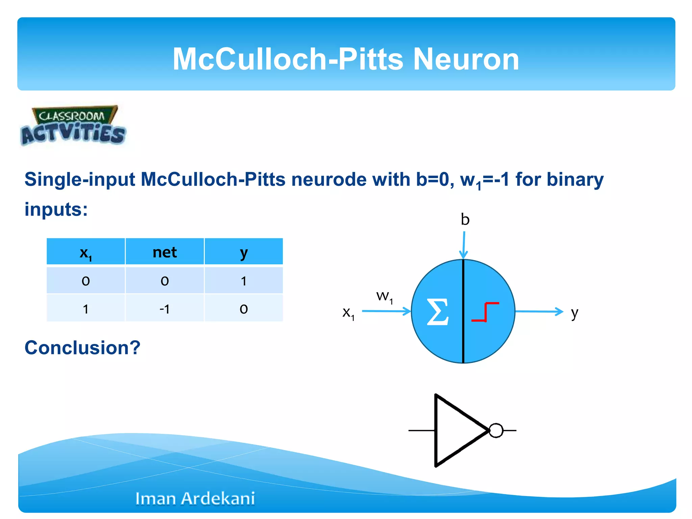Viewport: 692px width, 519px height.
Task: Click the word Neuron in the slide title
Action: coord(466,59)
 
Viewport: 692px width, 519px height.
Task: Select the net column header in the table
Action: coord(165,252)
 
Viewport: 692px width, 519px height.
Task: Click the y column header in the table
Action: coord(244,252)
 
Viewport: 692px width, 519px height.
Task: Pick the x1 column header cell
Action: coord(85,252)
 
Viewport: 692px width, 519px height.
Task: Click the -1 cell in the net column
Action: coord(165,308)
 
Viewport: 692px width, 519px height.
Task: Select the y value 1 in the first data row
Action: coord(244,281)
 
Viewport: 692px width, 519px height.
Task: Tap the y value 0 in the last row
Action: coord(244,308)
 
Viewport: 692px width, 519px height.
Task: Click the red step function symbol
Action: coord(485,312)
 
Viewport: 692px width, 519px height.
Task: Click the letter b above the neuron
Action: coord(465,220)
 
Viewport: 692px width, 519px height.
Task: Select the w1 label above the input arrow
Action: coord(384,296)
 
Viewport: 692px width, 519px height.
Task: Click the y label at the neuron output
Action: coord(574,313)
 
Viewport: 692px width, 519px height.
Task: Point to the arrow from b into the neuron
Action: coord(464,245)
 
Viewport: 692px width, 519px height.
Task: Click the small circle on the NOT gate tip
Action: coord(496,430)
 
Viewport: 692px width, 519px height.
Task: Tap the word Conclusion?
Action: coord(82,347)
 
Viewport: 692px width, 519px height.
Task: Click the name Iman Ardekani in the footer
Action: coord(195,498)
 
